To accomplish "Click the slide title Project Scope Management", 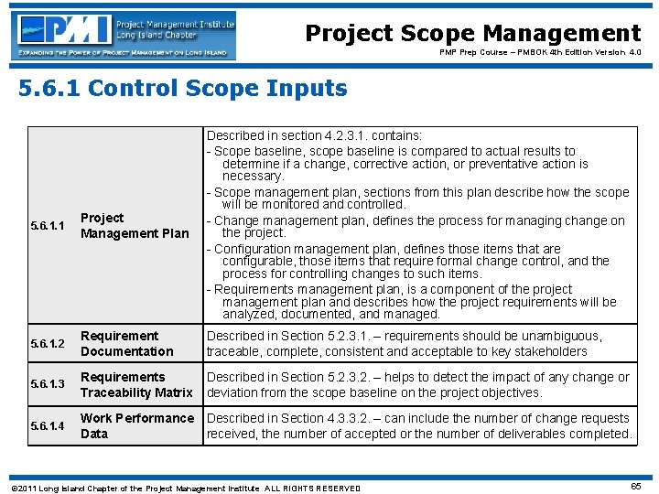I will coord(472,34).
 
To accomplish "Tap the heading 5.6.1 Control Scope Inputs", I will coord(183,89).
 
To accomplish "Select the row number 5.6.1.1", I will coord(48,226).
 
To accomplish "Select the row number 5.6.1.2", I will coord(48,344).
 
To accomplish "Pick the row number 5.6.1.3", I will coord(48,385).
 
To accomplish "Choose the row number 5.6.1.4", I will coord(48,426).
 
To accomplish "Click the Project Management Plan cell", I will coord(135,226).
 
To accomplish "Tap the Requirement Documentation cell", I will coord(126,344).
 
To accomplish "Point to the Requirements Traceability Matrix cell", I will coord(136,385).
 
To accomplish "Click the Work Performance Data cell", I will coord(137,426).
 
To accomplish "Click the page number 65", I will coord(635,486).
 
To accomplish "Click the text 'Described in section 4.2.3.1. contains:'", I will coord(314,135).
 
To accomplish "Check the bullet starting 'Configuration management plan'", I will coord(384,249).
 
